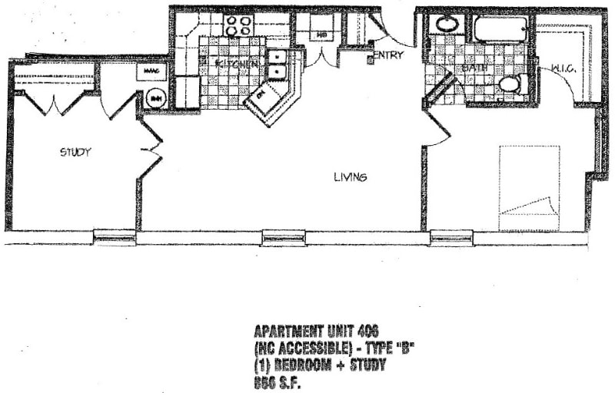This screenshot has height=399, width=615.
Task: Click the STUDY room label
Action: point(75,152)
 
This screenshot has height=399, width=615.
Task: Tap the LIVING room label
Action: point(350,177)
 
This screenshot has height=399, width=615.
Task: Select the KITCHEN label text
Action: point(236,64)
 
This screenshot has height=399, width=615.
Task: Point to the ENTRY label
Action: point(388,55)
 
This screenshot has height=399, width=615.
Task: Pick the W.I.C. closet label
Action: point(563,71)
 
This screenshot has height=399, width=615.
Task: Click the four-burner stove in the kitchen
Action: point(238,25)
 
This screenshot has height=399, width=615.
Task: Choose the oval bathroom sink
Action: point(447,24)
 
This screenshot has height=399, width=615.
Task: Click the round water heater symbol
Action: point(155,98)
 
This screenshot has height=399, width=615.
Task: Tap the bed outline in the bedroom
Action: point(529,187)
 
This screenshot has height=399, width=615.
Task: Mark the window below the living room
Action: point(284,238)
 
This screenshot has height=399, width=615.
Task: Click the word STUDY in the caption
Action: point(366,365)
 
